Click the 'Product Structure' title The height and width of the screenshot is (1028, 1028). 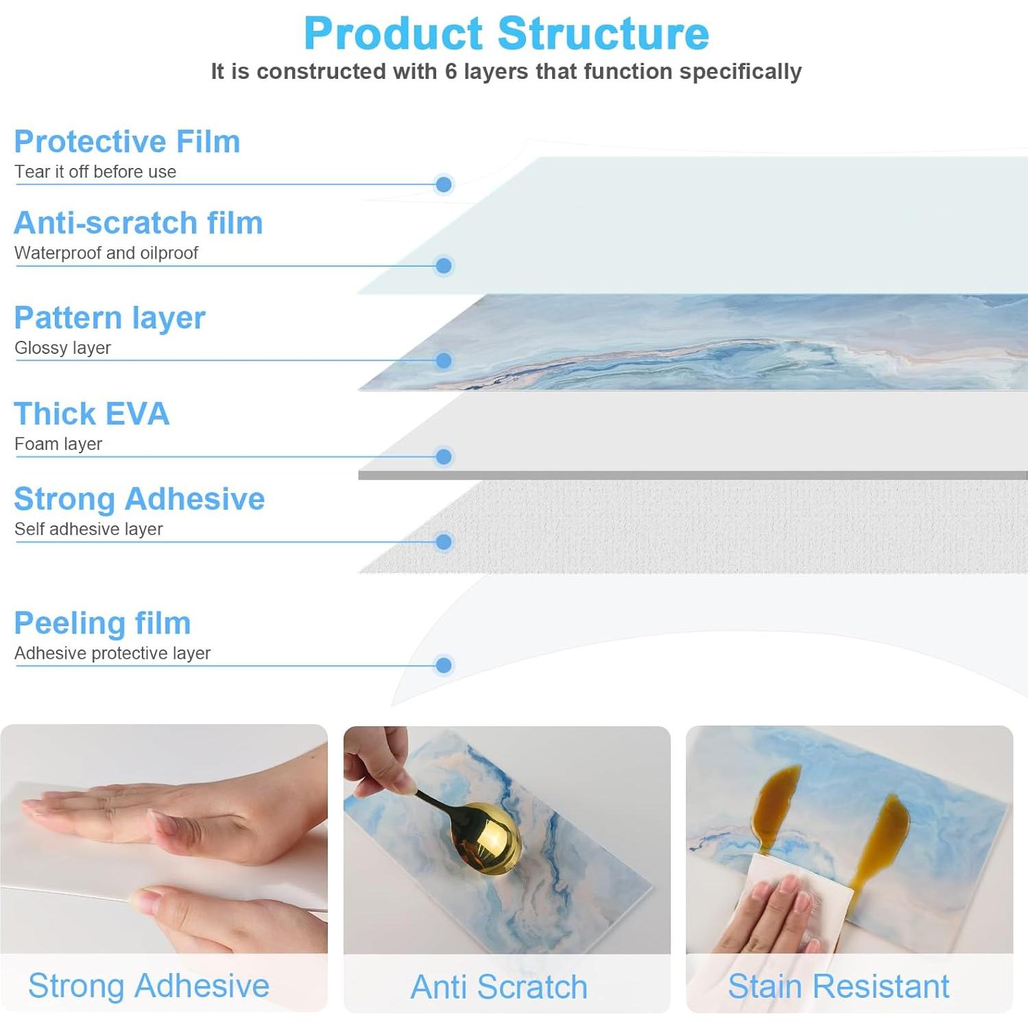point(506,33)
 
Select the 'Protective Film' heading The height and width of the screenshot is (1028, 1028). point(127,141)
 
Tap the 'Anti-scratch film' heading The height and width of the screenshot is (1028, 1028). point(138,223)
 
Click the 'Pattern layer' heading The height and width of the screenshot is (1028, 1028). point(110,318)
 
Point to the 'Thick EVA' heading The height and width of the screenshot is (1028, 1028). point(92,414)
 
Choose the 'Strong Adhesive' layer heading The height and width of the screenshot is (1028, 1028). point(139,499)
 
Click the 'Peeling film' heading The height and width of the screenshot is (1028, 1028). point(102,623)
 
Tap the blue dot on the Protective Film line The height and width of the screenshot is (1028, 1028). point(444,184)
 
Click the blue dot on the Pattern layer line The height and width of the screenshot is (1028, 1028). point(444,361)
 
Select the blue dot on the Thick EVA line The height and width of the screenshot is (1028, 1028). point(444,457)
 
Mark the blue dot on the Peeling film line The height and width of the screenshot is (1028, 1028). point(444,665)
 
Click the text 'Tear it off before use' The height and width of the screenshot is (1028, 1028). point(95,171)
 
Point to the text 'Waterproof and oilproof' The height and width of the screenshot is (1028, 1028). point(106,253)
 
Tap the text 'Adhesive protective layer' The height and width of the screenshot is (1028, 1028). point(112,654)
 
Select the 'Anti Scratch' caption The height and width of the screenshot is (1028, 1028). point(499,987)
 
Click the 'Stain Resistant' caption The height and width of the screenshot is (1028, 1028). point(839,986)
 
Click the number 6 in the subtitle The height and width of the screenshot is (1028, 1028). point(451,71)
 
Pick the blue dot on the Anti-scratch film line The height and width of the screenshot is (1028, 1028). point(444,266)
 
